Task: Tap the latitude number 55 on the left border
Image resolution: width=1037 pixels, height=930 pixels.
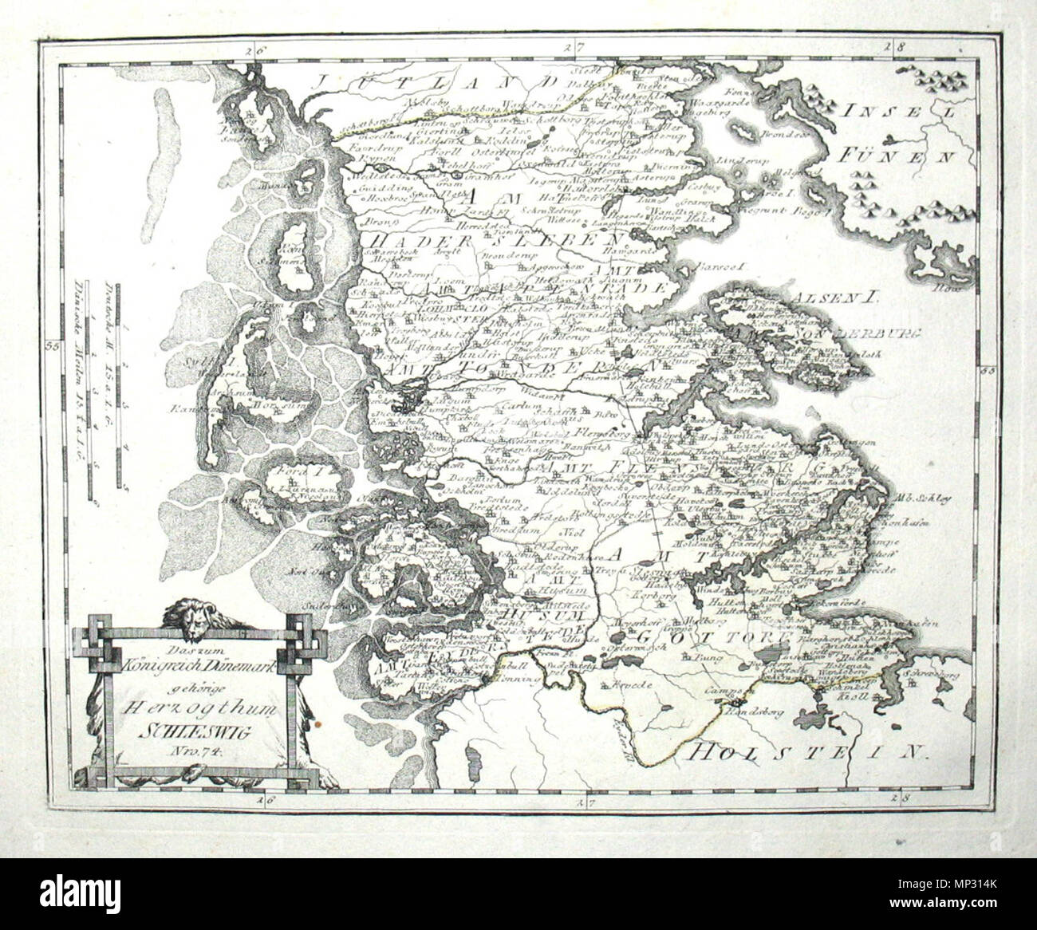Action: tap(53, 345)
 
